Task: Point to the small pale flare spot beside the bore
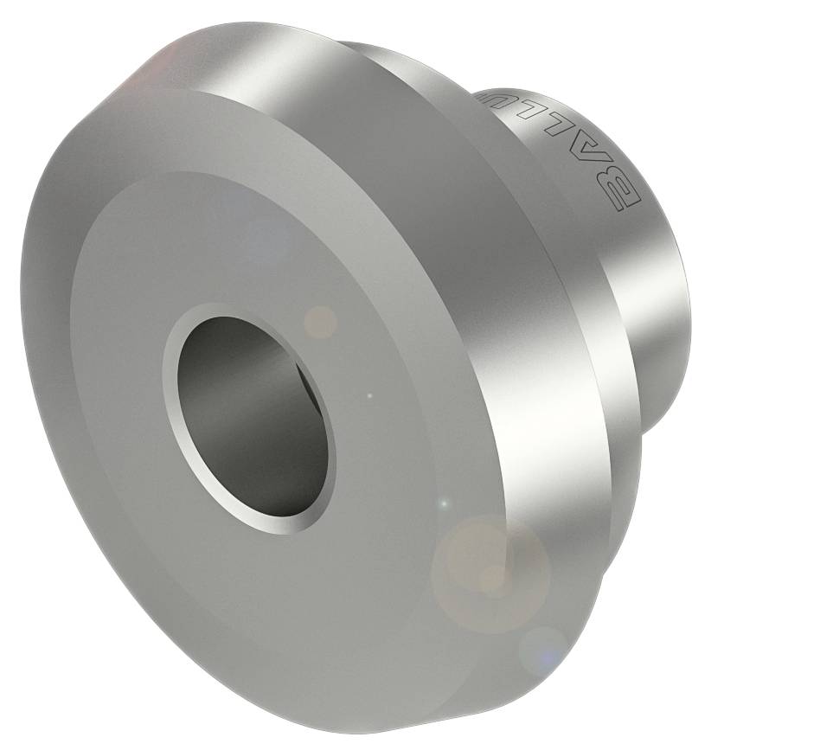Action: pyautogui.click(x=322, y=322)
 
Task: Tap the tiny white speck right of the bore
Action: pyautogui.click(x=369, y=397)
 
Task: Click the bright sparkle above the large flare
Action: pyautogui.click(x=444, y=503)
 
